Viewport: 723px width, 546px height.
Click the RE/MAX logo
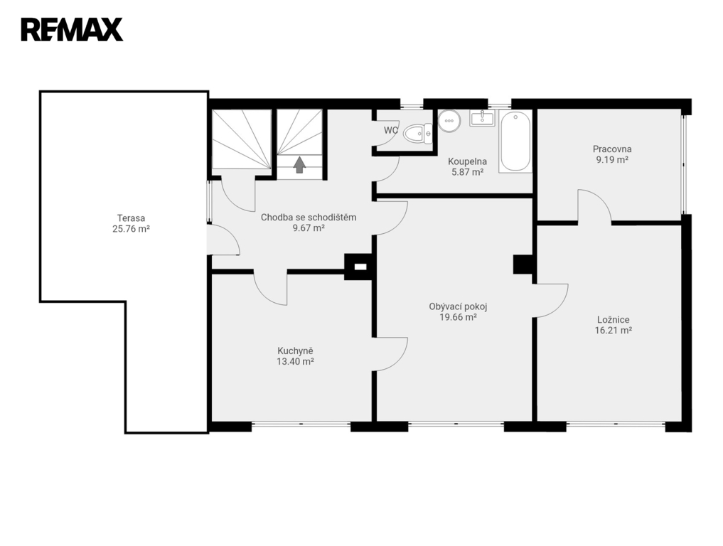[72, 30]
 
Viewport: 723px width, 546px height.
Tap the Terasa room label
[131, 218]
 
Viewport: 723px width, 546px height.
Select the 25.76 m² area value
[131, 229]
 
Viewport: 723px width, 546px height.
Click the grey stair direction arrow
[300, 164]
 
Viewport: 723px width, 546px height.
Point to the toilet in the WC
[418, 134]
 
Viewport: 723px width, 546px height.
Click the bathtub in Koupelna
[515, 141]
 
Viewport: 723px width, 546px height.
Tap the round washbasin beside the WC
[449, 121]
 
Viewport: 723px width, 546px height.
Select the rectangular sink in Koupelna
[482, 118]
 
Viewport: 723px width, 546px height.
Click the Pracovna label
[612, 149]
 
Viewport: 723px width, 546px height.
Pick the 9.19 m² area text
[612, 160]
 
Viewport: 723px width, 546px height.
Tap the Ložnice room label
[614, 320]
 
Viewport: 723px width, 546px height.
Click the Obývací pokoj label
[458, 306]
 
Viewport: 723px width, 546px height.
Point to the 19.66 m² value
[458, 317]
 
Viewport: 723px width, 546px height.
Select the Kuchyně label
[295, 351]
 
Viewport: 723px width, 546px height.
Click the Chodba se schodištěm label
[309, 218]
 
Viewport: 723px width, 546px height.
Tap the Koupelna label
[468, 161]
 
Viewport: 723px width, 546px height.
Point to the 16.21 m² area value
[614, 330]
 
